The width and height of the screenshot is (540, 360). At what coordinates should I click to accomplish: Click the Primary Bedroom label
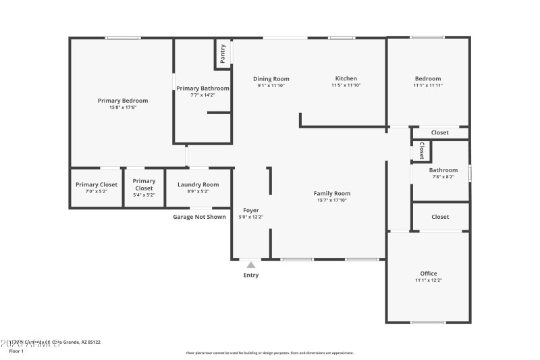122,101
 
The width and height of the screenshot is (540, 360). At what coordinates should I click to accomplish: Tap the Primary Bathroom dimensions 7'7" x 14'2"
202,95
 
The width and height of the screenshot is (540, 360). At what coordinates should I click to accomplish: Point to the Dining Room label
271,78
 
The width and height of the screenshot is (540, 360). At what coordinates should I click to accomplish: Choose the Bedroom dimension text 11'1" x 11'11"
427,86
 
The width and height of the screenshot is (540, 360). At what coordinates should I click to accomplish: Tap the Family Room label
332,193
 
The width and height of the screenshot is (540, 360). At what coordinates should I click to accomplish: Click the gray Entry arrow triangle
251,265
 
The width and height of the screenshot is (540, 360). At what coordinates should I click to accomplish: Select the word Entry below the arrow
251,276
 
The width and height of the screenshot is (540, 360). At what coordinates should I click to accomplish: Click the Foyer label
251,210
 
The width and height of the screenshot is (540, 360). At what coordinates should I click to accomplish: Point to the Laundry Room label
198,184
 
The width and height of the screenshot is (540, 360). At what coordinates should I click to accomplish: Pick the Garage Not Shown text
199,217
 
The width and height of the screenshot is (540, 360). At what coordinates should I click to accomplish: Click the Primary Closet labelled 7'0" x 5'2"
97,184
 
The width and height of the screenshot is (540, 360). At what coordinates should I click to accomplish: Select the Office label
427,273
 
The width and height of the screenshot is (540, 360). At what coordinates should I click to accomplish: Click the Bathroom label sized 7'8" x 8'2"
443,170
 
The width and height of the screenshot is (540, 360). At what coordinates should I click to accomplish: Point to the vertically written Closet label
422,150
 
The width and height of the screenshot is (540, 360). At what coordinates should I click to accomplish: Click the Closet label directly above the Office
440,217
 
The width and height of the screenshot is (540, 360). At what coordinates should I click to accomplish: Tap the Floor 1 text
16,351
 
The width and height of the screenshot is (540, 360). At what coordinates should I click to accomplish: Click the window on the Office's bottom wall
428,322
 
